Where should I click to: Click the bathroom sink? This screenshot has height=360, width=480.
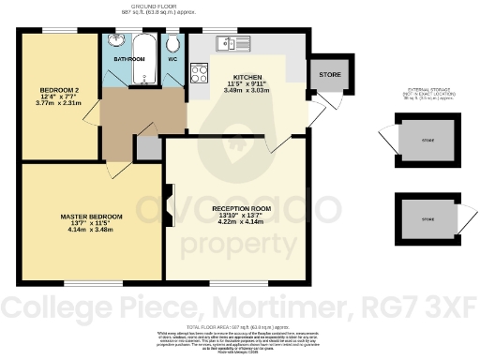[117, 41]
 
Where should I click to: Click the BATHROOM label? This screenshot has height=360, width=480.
[129, 59]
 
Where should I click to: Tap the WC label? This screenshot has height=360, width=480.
[172, 59]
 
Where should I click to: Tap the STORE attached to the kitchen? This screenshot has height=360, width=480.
[329, 74]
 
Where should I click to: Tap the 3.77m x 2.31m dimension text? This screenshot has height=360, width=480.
[58, 104]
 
